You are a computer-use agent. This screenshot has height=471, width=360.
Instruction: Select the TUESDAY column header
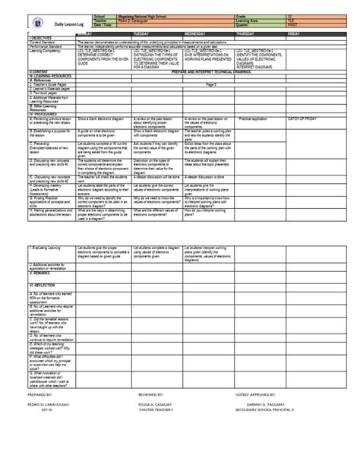(x=141, y=34)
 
